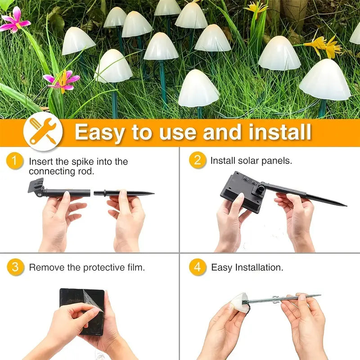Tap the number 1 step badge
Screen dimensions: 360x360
[15, 161]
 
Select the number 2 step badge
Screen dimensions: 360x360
[197, 160]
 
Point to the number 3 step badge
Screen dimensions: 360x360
[15, 267]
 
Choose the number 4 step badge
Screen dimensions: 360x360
[197, 267]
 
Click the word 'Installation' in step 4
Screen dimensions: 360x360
[259, 267]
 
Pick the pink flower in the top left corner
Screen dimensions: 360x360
[14, 20]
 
